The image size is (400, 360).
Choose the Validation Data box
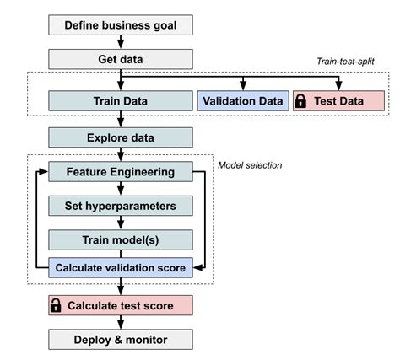[x=242, y=101]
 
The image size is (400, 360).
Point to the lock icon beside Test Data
[x=300, y=101]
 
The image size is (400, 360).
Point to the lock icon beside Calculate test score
[x=57, y=304]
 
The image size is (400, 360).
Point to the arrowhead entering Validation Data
[x=242, y=88]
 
